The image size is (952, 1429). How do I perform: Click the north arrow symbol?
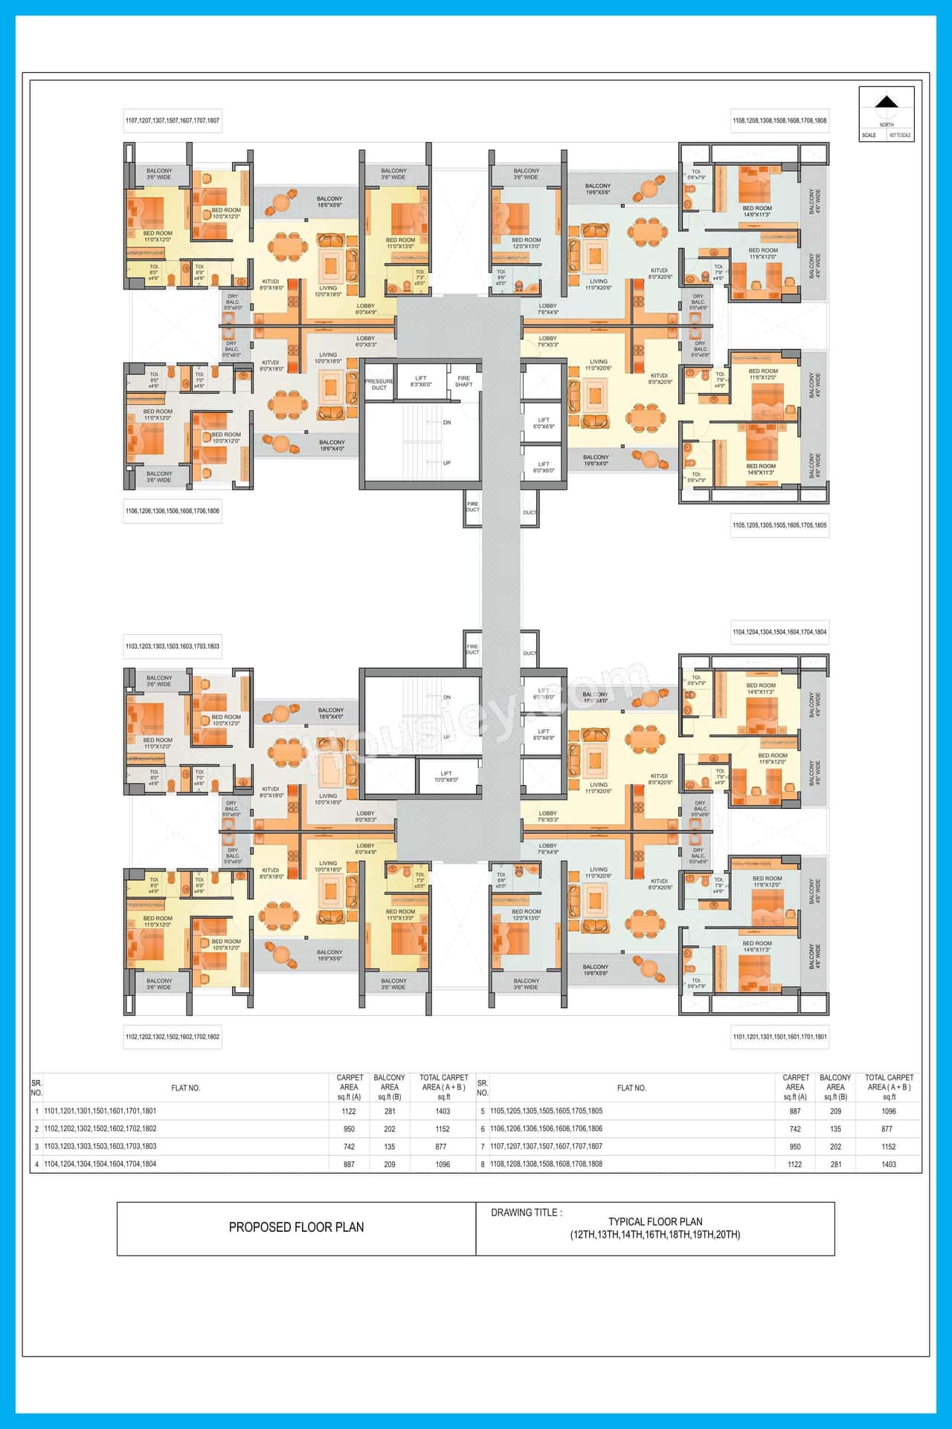coord(887,103)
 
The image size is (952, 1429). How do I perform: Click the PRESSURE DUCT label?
coord(379,384)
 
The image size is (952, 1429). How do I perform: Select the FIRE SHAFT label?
coord(463,381)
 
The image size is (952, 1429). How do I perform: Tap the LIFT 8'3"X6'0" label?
coord(421,381)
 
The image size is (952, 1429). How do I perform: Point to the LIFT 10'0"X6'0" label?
coord(446,776)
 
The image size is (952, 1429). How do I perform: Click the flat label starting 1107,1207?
coord(173,121)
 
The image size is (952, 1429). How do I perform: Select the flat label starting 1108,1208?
coord(779,121)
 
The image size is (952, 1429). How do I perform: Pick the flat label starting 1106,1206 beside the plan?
coord(173,511)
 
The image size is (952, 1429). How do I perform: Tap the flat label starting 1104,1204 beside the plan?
coord(779,632)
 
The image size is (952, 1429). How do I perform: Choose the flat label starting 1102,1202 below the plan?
coord(173,1037)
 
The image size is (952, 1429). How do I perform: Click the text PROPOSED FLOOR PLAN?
coord(296,1227)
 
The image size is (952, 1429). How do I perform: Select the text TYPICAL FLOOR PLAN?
coord(655,1221)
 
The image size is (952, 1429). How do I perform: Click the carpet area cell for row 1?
coord(349,1111)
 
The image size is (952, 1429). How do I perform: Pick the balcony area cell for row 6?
coord(835,1129)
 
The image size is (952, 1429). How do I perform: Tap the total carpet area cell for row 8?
coord(889,1164)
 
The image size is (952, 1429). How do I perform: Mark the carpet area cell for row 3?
coord(349,1147)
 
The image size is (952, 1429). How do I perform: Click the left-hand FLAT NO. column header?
coord(186,1088)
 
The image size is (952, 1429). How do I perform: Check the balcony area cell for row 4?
coord(389,1164)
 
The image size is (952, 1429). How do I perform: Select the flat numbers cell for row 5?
coord(547,1111)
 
